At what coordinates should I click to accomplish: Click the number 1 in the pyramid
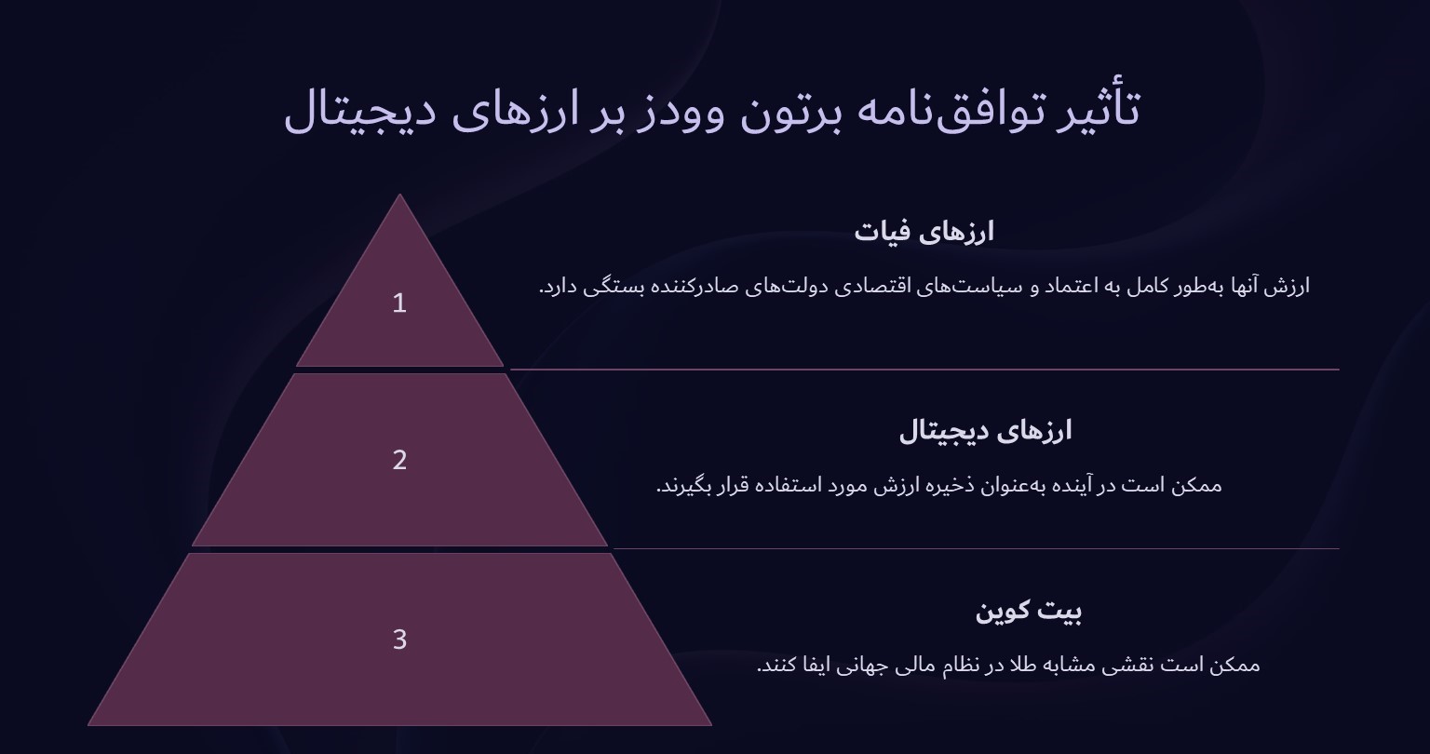pos(399,303)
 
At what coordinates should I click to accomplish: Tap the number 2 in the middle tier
pos(399,460)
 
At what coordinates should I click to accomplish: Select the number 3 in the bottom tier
pos(399,640)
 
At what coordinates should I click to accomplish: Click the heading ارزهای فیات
pos(924,232)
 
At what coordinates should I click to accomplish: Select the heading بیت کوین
pos(1028,612)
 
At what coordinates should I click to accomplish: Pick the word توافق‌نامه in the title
pos(950,110)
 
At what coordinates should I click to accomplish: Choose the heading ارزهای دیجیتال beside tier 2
pos(985,431)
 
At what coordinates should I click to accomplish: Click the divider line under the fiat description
pos(924,370)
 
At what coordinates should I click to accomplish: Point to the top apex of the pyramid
pos(399,196)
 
